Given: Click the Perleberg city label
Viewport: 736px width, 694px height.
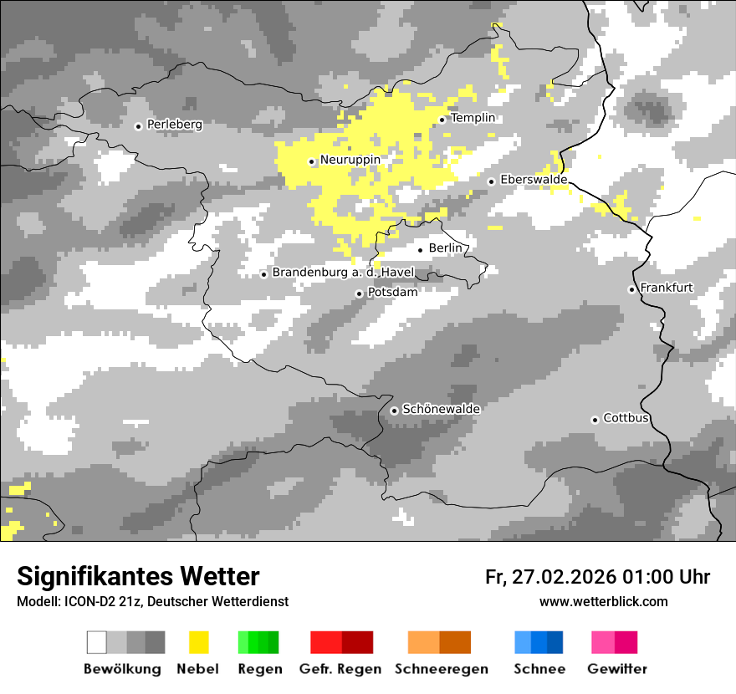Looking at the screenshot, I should click(x=174, y=125).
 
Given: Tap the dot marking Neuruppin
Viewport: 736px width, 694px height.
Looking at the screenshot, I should click(x=311, y=161).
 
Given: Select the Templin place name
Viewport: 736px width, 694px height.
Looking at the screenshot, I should click(x=473, y=118).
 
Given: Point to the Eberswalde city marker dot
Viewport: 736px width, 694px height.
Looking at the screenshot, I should click(x=492, y=181).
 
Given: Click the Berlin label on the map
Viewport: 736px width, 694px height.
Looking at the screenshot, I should click(x=445, y=248).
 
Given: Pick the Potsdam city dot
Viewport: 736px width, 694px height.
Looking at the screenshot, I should click(x=359, y=293).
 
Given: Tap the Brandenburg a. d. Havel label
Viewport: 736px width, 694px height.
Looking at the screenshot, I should click(x=343, y=273).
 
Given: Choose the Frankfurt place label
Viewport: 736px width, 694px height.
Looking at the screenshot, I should click(x=667, y=288).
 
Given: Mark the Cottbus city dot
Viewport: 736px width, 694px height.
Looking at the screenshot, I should click(x=595, y=420).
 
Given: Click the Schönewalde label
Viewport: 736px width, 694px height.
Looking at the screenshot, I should click(x=442, y=409).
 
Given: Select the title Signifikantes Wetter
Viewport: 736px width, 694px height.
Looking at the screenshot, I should click(x=138, y=576).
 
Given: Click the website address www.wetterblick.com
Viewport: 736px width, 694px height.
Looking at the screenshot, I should click(x=603, y=601).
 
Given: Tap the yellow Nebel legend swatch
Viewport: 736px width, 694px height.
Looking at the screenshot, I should click(x=198, y=642).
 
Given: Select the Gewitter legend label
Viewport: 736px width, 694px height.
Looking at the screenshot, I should click(x=617, y=669).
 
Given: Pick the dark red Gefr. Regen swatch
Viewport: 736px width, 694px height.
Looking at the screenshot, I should click(x=357, y=642).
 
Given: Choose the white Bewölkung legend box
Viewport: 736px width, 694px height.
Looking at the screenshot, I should click(x=97, y=642).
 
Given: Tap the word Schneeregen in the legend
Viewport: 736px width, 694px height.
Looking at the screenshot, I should click(x=442, y=669).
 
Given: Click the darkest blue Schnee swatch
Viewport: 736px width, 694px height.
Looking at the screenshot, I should click(x=555, y=642).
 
